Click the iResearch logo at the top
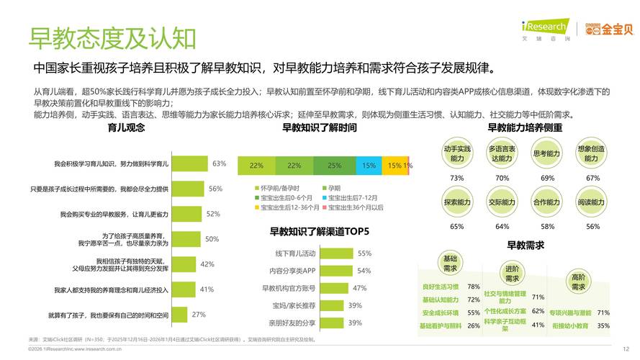(x=545, y=28)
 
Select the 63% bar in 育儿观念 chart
(x=190, y=164)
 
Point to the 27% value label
(x=199, y=315)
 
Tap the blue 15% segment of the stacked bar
(x=369, y=166)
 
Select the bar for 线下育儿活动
(x=334, y=253)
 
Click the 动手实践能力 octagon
(x=457, y=153)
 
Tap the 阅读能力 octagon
(x=591, y=202)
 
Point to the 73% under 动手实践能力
(x=456, y=178)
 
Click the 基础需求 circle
(x=450, y=264)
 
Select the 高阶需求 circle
(x=578, y=282)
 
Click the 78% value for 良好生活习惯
(x=473, y=287)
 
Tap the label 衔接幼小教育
(x=569, y=325)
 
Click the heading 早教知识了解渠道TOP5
(x=319, y=232)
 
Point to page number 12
(x=626, y=348)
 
